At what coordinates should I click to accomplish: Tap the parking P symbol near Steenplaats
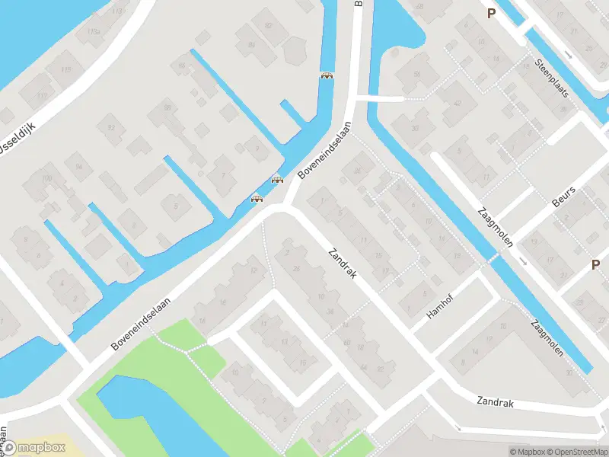coord(492,13)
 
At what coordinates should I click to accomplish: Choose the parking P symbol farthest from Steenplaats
coord(595,265)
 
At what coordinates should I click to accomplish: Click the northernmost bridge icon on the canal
coord(327,75)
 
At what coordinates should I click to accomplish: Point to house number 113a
coord(93,31)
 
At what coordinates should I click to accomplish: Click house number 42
coord(458,104)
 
